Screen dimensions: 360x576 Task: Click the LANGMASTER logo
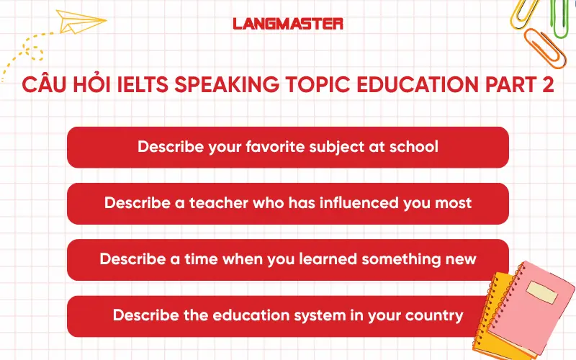point(288,23)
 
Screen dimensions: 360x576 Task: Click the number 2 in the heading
point(546,86)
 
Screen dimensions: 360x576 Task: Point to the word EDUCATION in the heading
point(420,86)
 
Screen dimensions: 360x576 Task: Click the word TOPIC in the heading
point(325,86)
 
